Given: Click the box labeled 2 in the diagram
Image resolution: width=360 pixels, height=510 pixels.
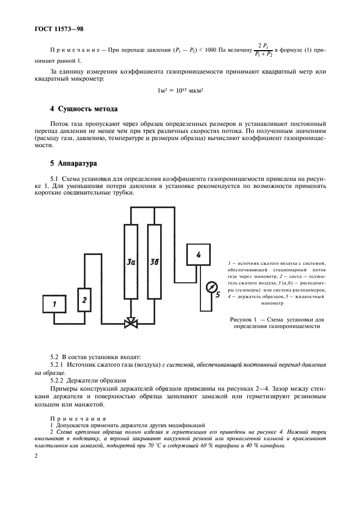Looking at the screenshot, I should (x=84, y=299).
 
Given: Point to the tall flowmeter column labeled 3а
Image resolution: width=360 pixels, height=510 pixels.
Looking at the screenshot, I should (x=131, y=262).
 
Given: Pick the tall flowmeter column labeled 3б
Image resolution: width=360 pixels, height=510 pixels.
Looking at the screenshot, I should (x=154, y=262).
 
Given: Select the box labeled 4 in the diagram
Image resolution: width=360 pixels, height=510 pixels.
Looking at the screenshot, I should (x=198, y=255).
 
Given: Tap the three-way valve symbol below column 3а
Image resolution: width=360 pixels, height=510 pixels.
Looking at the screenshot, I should (x=131, y=324).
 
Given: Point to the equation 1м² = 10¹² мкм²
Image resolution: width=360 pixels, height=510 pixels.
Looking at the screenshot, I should (x=179, y=90).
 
